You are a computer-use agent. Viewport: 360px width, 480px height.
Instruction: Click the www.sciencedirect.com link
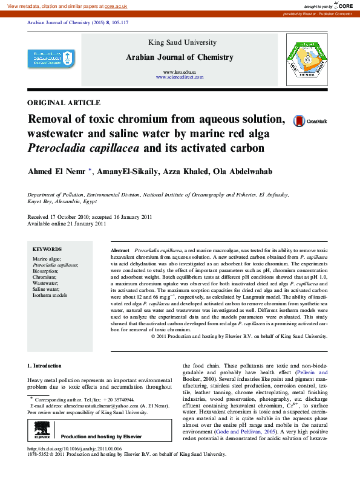coord(180,77)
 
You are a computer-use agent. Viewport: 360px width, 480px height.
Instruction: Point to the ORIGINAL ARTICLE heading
coord(64,103)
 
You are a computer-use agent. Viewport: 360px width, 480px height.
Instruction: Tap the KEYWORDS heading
coord(47,249)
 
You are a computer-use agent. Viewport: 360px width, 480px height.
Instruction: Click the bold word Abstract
coord(120,250)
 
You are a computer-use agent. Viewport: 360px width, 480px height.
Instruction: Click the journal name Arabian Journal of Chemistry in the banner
coord(179,57)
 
